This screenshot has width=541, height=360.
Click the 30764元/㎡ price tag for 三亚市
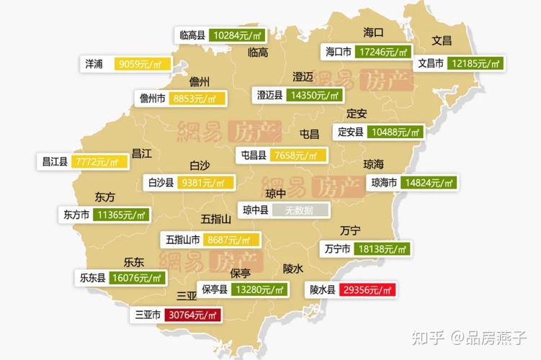[x=193, y=315]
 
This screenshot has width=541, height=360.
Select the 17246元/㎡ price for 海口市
[x=383, y=53]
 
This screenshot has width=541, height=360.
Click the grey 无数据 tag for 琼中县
[x=300, y=210]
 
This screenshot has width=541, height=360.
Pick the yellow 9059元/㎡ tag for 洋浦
[x=143, y=64]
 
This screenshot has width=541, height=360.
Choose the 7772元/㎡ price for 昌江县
[x=100, y=161]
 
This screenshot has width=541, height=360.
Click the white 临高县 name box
[x=192, y=35]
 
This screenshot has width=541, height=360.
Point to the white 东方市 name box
[x=76, y=215]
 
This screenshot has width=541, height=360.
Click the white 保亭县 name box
[x=214, y=290]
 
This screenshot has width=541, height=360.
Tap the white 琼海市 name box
[x=383, y=183]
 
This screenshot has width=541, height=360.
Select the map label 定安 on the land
[x=357, y=114]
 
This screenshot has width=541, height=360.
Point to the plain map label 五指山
[x=216, y=219]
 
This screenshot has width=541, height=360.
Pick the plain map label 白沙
[x=200, y=164]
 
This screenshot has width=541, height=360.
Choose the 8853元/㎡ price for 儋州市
[x=197, y=99]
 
